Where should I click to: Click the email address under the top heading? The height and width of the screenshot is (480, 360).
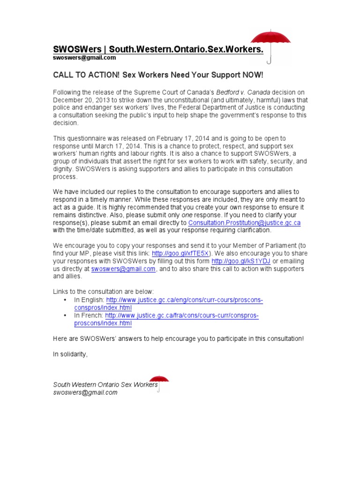point(84,58)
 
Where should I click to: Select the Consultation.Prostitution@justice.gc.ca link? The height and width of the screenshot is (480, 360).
point(244,223)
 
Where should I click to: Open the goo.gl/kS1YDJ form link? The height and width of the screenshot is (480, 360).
point(241,261)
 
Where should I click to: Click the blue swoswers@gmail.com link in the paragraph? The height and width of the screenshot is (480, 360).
point(123,269)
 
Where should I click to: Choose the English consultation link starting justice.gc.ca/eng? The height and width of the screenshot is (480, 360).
point(185,300)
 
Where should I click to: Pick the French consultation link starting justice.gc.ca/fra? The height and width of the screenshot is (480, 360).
point(182,316)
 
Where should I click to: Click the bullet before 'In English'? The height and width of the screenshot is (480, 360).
point(64,300)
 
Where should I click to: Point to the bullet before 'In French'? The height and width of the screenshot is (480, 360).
point(64,316)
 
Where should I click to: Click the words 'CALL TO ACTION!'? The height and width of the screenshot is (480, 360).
point(82,75)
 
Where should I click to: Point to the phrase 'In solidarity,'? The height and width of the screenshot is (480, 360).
point(70,354)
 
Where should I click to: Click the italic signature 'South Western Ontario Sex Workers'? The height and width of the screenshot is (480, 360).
point(105,385)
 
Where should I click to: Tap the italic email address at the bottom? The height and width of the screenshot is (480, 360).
point(85,392)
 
